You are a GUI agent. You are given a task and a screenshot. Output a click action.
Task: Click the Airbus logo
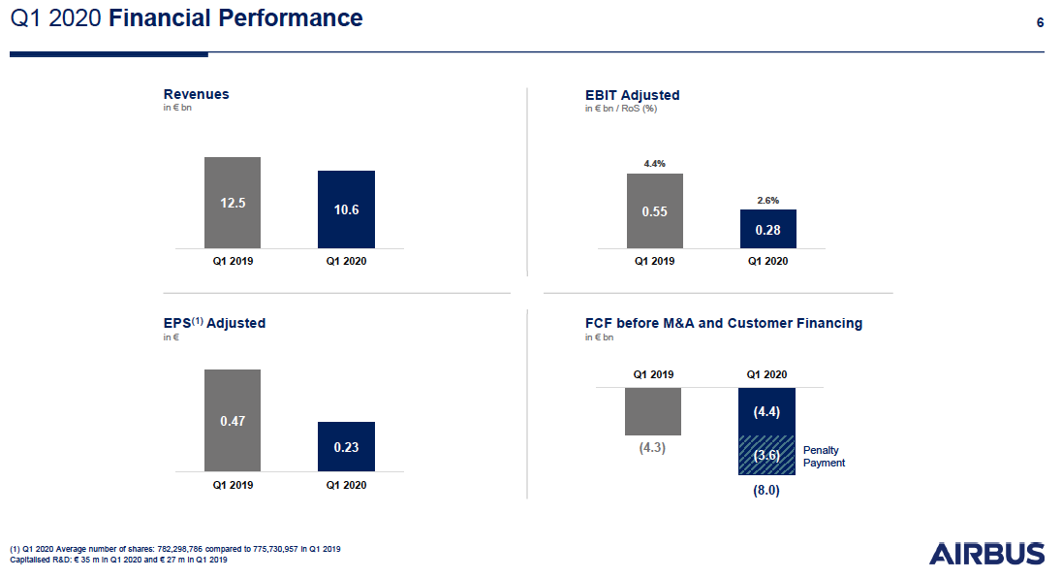[986, 554]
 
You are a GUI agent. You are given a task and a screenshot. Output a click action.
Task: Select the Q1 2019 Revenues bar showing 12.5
[233, 203]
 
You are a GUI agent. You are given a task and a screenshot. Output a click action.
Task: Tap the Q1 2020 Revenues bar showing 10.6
[347, 209]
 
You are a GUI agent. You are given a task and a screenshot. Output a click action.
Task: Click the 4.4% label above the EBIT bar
[655, 164]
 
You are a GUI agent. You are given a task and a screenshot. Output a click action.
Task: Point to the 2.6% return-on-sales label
[767, 200]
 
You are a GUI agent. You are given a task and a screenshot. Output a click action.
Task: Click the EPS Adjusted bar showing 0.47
[233, 420]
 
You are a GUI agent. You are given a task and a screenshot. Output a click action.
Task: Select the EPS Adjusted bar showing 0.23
[347, 446]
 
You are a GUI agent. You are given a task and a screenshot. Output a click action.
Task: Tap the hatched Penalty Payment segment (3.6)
[766, 455]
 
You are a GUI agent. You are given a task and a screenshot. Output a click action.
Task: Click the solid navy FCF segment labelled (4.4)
[766, 411]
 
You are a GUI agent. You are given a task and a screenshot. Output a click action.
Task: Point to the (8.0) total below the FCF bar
[766, 492]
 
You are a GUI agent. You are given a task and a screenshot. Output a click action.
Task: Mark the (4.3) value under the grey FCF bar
[653, 449]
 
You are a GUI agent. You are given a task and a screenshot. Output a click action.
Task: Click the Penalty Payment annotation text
[824, 457]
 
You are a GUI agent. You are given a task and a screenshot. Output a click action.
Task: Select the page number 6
[1040, 22]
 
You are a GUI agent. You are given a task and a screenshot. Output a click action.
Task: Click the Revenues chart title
[196, 94]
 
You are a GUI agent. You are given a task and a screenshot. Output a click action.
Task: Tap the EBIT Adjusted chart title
[632, 95]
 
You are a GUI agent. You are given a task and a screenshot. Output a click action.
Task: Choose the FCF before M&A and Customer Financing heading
[723, 323]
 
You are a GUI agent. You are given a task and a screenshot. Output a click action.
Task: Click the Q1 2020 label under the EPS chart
[347, 485]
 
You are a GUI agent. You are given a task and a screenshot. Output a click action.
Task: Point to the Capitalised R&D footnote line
[118, 560]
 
